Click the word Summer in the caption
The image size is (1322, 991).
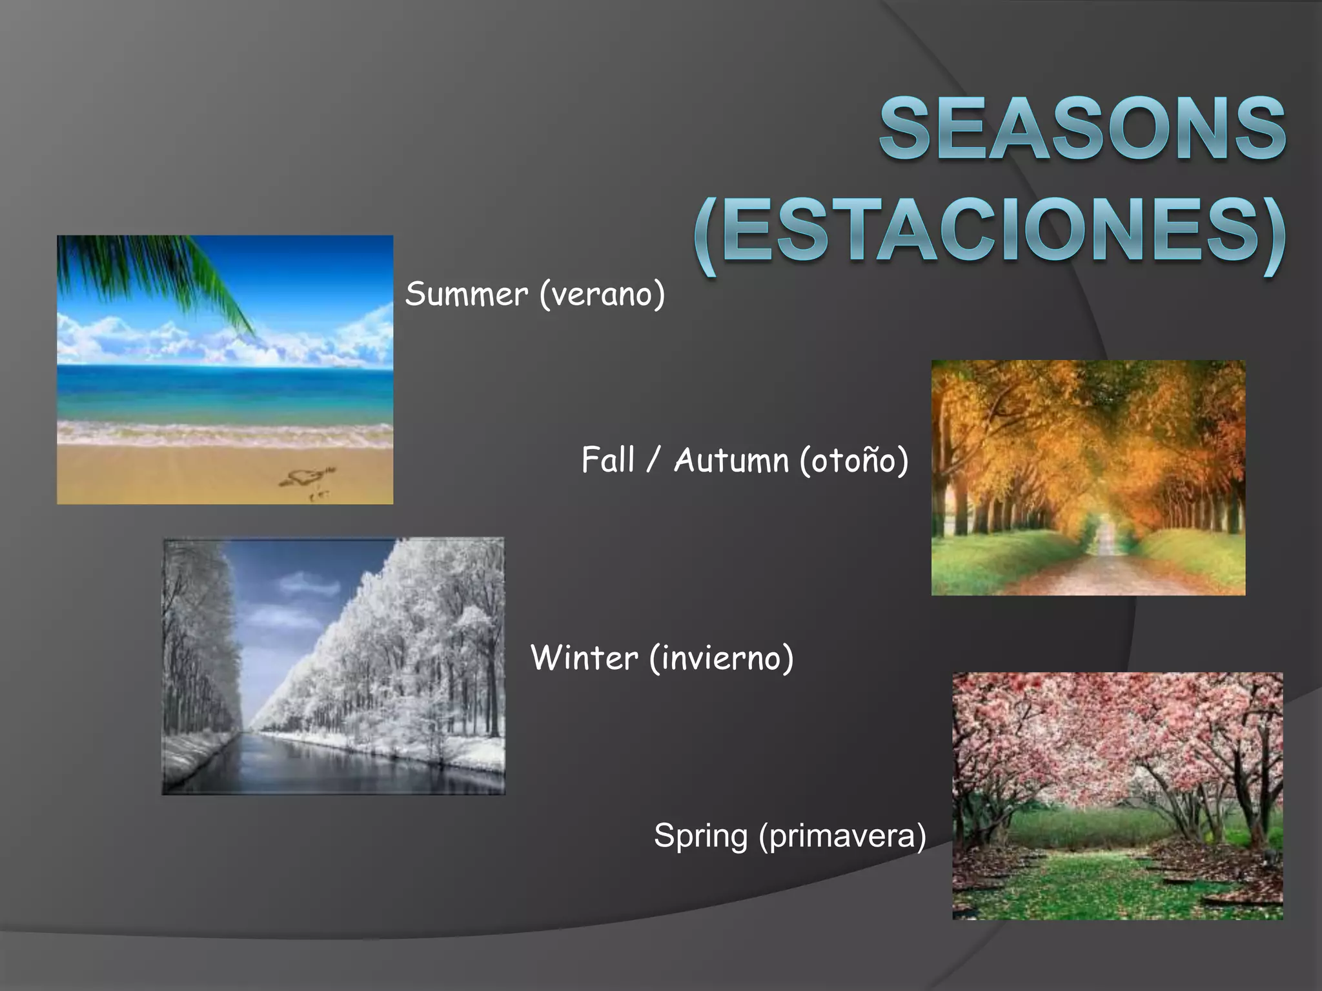coord(466,294)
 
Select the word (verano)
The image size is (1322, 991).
coord(602,294)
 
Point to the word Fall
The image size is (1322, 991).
coord(607,460)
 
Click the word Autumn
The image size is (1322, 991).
coord(731,460)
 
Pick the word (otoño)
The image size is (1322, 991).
coord(853,461)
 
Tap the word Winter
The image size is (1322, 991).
coord(584,658)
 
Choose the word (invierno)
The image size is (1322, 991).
coord(721,658)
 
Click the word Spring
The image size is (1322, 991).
coord(700,836)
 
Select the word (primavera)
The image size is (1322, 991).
coord(842,836)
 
